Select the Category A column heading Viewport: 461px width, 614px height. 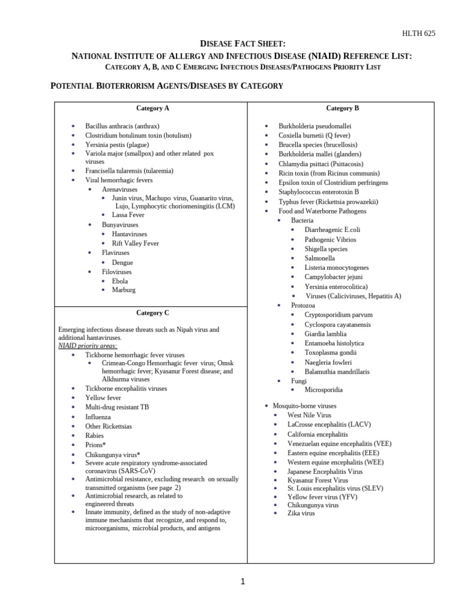click(x=152, y=109)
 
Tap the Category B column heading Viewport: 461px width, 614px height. click(x=343, y=109)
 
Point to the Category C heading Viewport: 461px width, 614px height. click(x=152, y=313)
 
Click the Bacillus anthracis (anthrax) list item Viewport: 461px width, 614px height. click(x=122, y=127)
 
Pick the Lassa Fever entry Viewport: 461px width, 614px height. click(x=128, y=214)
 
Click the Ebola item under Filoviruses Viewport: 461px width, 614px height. click(x=119, y=281)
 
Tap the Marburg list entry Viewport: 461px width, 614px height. click(x=124, y=290)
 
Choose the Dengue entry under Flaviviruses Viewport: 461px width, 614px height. click(x=122, y=262)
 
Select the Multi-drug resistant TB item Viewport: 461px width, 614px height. click(x=117, y=407)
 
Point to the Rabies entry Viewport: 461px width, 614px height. click(x=94, y=435)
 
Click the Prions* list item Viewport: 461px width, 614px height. click(x=95, y=445)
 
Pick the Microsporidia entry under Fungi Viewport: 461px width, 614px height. click(x=324, y=390)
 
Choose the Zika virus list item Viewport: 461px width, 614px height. click(x=301, y=513)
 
